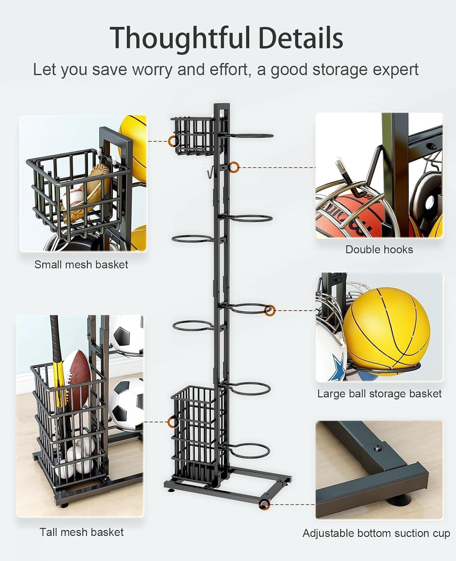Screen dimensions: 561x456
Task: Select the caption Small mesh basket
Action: [x=81, y=265]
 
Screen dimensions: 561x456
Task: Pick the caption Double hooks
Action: [x=379, y=250]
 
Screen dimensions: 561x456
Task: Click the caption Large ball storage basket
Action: [x=379, y=394]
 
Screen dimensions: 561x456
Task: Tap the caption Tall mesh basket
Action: [x=82, y=532]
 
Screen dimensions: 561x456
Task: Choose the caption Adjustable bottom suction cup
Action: [x=376, y=533]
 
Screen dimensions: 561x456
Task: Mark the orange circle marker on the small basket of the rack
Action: [x=173, y=141]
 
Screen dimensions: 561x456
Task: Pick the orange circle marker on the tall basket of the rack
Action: [x=173, y=422]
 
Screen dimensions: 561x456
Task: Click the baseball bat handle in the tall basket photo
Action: [x=55, y=337]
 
